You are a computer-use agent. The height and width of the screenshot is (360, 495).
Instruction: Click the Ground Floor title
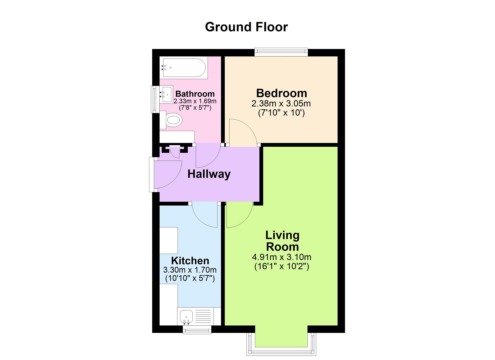(x=246, y=27)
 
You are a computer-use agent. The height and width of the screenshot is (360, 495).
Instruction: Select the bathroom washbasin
(x=166, y=94)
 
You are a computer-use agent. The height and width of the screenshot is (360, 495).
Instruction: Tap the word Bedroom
(x=281, y=93)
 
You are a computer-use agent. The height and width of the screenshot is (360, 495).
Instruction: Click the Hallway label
(x=209, y=174)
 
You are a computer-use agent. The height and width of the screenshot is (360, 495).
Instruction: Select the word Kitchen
(x=190, y=261)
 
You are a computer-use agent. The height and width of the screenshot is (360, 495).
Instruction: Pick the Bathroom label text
(x=195, y=94)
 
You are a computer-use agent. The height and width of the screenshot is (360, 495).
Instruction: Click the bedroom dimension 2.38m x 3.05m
(x=281, y=104)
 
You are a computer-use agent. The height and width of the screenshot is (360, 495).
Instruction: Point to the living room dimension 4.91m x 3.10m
(x=282, y=257)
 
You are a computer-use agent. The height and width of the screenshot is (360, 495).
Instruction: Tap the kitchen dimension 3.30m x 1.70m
(x=190, y=270)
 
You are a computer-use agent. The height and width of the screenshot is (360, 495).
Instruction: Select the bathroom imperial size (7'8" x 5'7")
(x=195, y=108)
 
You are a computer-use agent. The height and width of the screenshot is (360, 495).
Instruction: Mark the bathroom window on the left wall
(x=154, y=99)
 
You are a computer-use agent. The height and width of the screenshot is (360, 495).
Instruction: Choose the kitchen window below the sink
(x=197, y=330)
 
